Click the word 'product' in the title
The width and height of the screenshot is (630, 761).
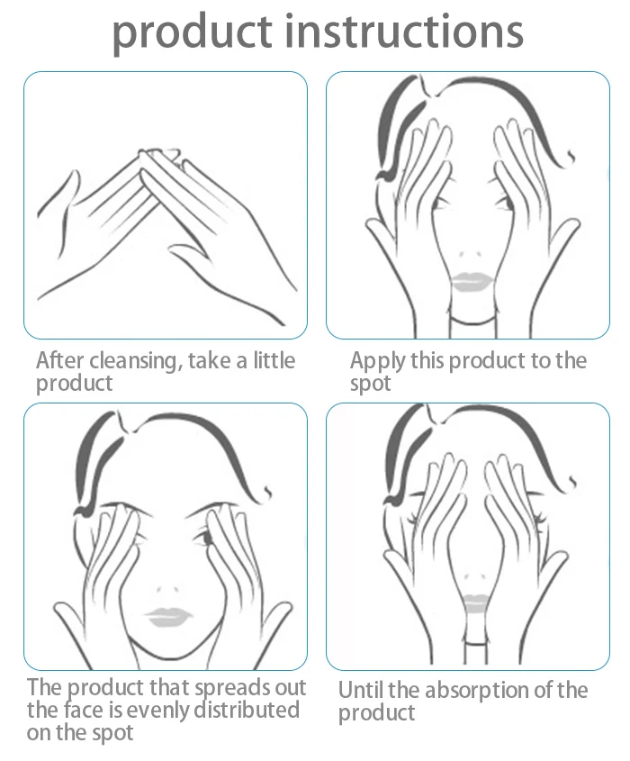click(x=191, y=32)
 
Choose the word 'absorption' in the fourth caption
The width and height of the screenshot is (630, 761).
click(x=493, y=692)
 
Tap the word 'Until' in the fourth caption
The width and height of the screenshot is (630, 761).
click(x=358, y=691)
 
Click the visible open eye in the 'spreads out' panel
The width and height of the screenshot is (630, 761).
click(x=205, y=539)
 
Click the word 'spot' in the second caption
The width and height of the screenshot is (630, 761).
click(x=371, y=384)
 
